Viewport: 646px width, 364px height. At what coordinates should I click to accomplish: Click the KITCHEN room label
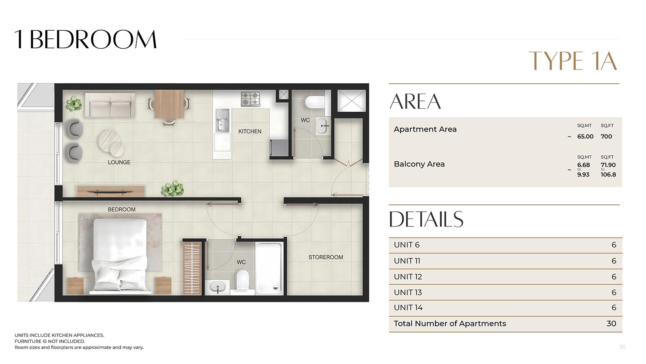250,132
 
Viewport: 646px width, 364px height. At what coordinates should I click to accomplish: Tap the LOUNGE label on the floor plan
119,162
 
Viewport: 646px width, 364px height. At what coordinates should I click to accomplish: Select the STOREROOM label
326,257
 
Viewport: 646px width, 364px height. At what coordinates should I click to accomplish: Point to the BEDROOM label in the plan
121,210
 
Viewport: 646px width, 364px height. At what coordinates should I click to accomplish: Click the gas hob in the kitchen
250,99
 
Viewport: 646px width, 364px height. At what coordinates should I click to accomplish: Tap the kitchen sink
222,120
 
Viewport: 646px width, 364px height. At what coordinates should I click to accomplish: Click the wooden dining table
169,104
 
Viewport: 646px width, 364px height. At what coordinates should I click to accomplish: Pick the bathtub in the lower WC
269,269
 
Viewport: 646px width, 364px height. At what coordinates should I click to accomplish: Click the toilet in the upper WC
315,102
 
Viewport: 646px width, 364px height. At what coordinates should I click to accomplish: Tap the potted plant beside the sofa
74,104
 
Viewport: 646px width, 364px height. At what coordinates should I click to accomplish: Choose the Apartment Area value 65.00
585,137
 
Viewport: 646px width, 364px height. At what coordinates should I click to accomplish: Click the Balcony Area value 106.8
608,175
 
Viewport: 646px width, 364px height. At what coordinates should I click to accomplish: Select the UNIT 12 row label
408,277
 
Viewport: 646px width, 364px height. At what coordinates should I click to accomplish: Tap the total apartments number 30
611,323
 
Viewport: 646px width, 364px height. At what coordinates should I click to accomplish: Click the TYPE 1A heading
573,61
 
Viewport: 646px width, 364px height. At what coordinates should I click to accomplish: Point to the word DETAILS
426,219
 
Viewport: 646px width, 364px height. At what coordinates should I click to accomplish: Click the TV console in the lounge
111,191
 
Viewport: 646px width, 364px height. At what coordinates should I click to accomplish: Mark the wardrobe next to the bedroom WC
192,268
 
